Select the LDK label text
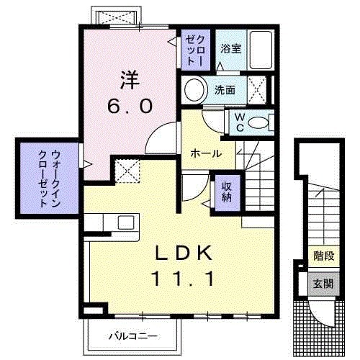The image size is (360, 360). click(x=183, y=253)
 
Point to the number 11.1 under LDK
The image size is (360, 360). click(x=183, y=278)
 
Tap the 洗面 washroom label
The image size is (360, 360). click(x=225, y=90)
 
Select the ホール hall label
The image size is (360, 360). click(x=205, y=153)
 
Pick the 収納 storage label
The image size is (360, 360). click(x=225, y=192)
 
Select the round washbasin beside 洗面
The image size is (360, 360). click(x=194, y=91)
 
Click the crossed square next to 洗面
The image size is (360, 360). click(x=258, y=90)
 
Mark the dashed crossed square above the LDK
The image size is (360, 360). click(x=127, y=171)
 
